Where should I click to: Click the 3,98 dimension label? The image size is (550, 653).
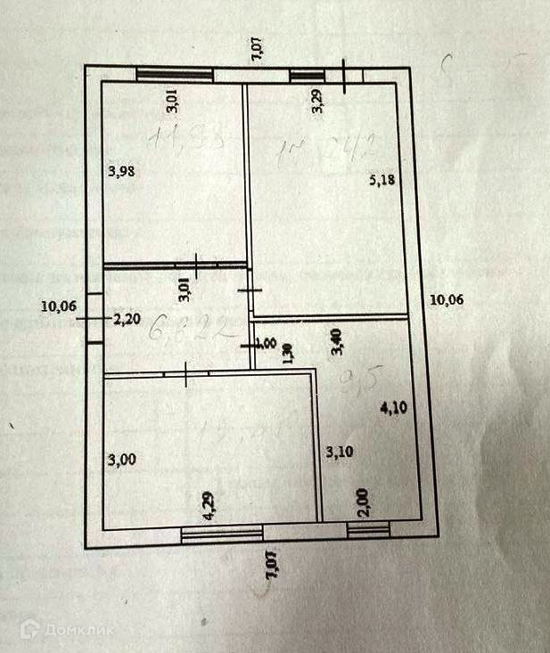click(x=120, y=173)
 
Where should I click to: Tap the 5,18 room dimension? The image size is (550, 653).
click(x=382, y=180)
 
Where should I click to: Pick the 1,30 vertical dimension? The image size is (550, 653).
click(x=287, y=355)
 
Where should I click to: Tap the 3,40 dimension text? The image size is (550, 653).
click(x=336, y=342)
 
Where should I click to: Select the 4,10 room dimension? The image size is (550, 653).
click(x=392, y=410)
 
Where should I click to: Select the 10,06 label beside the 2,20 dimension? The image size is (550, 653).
click(x=58, y=307)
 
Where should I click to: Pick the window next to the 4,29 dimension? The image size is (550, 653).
click(x=222, y=534)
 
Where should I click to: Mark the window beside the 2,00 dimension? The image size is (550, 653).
click(x=368, y=533)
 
